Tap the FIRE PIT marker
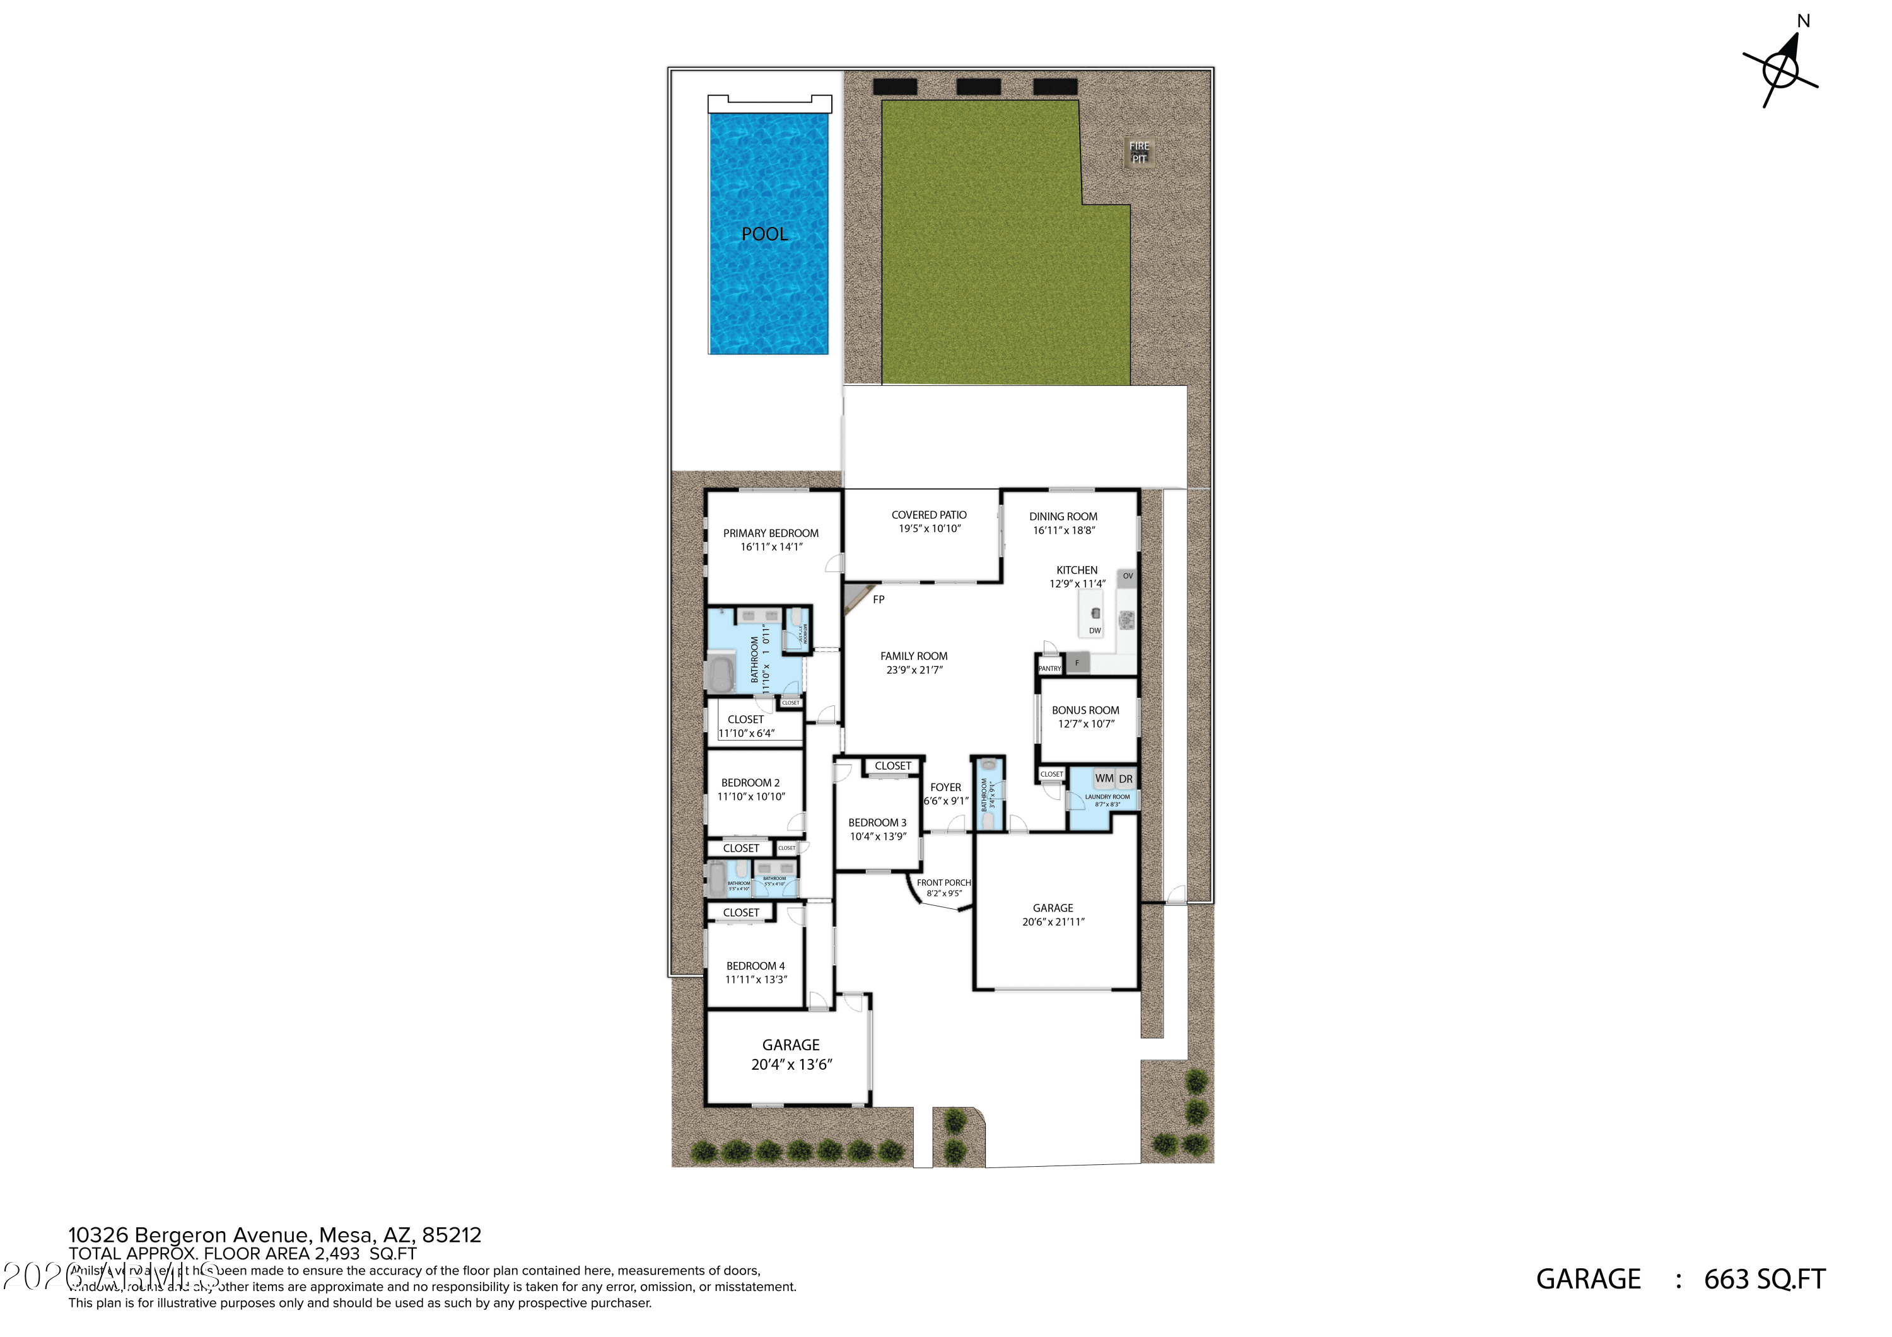1139,153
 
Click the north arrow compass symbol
1780,70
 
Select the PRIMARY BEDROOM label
771,533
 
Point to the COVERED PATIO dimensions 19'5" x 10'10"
929,529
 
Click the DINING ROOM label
1063,516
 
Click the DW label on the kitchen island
1094,631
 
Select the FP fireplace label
879,599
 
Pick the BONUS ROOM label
1085,710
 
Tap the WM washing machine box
1104,778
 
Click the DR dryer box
1126,779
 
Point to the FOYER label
945,787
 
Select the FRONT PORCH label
943,883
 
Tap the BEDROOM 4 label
755,966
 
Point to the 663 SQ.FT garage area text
1764,1280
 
